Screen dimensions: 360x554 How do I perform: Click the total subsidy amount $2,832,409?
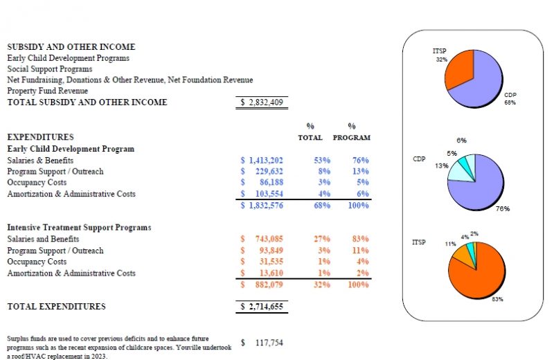coord(262,102)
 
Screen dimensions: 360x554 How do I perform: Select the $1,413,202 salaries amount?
coord(262,160)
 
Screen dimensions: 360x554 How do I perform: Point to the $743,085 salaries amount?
coord(262,239)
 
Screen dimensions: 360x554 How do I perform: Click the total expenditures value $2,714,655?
coord(262,306)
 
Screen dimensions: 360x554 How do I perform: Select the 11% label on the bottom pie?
coord(450,244)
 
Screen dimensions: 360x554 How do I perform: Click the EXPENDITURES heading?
coord(40,137)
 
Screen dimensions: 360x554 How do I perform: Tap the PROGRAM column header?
coord(351,137)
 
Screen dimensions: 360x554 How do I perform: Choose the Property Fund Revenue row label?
coord(47,91)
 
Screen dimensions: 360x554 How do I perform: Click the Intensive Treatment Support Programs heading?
coord(79,227)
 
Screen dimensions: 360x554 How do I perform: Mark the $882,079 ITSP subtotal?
coord(262,284)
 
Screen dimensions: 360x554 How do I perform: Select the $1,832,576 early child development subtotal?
coord(262,205)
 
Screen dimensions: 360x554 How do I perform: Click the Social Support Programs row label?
coord(49,69)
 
